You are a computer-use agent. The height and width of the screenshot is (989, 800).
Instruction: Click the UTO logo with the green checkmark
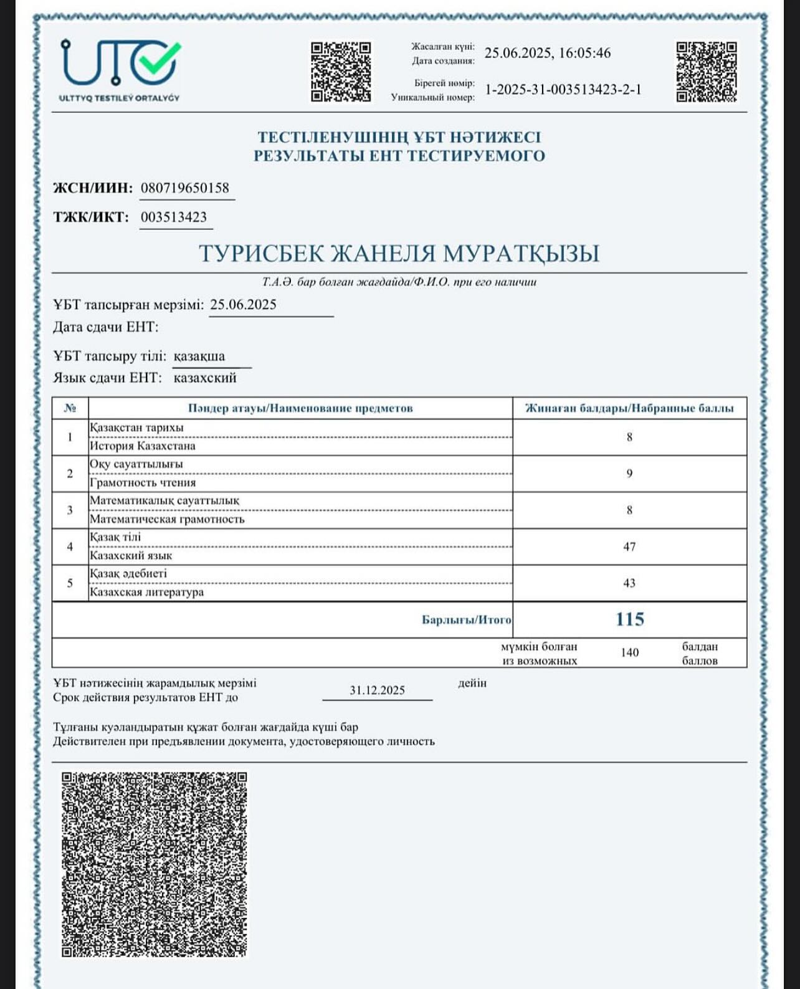click(120, 69)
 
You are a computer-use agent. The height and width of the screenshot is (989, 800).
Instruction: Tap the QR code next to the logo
click(341, 72)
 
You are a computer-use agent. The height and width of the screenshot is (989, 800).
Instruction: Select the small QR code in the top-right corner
click(707, 72)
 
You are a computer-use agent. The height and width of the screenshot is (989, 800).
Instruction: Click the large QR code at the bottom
click(154, 864)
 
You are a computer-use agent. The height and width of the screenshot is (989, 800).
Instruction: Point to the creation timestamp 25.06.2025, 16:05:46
click(548, 53)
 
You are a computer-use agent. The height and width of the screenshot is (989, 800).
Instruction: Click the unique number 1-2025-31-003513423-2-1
click(563, 90)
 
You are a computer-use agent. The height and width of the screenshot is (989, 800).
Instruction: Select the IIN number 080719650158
click(185, 188)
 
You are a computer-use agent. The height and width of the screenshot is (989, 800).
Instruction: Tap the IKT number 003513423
click(174, 217)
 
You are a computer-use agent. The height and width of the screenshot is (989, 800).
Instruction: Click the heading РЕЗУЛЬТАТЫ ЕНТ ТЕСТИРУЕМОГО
click(399, 156)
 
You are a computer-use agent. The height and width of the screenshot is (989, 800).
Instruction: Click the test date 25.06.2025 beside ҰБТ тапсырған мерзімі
click(243, 305)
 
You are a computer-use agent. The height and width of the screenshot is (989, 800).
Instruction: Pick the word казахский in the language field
click(205, 378)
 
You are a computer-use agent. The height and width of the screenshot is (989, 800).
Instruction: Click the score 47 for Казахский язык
click(629, 547)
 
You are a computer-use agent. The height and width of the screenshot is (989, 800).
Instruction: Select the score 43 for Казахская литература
click(629, 583)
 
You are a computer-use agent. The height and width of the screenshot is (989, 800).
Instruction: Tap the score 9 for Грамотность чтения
click(629, 474)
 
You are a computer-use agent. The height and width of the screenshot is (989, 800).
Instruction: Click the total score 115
click(629, 619)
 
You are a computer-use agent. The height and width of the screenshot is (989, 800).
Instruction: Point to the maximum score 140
click(629, 652)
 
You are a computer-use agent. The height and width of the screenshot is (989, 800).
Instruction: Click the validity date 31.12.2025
click(377, 690)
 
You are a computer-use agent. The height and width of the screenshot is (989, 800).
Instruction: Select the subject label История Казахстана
click(143, 446)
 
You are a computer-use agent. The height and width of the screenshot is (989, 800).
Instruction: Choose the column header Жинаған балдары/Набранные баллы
click(629, 408)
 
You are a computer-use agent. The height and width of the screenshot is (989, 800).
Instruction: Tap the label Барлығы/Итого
click(466, 620)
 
